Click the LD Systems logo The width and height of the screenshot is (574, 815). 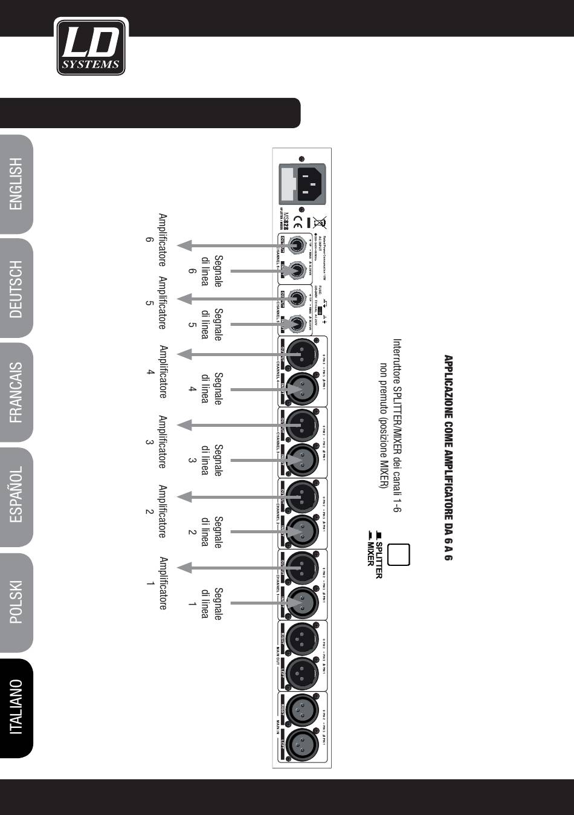click(x=91, y=47)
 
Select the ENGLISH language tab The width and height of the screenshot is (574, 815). click(x=16, y=184)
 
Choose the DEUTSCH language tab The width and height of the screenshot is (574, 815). click(x=16, y=289)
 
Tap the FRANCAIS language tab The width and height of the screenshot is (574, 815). click(x=16, y=392)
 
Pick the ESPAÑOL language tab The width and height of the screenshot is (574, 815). click(x=16, y=497)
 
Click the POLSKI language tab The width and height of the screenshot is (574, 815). click(x=16, y=602)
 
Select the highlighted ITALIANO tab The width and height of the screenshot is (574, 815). click(x=16, y=707)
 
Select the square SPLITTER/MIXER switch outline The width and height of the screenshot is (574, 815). click(x=399, y=554)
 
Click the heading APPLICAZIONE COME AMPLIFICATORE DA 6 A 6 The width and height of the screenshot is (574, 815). click(x=448, y=457)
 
